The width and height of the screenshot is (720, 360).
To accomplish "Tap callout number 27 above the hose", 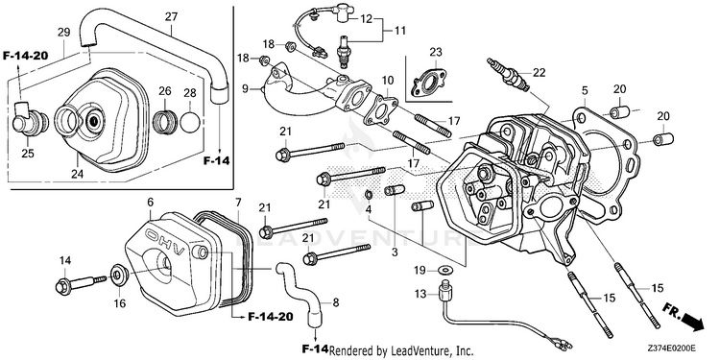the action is (x=171, y=17).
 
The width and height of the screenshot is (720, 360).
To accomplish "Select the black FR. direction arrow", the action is (x=693, y=321).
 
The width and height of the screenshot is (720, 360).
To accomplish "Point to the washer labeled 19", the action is (x=444, y=269).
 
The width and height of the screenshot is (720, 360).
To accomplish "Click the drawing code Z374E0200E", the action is (x=672, y=348).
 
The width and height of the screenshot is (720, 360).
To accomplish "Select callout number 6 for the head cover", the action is (x=150, y=202).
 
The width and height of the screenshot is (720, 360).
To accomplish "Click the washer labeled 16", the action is (x=121, y=275).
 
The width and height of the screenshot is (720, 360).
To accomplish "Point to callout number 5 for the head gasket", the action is (x=585, y=90).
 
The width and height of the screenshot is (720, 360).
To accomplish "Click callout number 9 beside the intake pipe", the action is (x=257, y=86).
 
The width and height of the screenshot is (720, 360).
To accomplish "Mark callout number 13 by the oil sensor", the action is (x=421, y=293).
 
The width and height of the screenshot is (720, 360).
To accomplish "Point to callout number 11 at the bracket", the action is (x=400, y=31).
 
